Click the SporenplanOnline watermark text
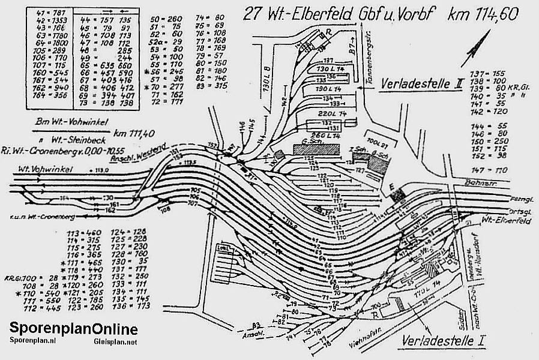(73, 329)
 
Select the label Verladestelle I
(444, 342)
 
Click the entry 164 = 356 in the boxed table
(44, 94)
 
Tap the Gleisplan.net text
(115, 341)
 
